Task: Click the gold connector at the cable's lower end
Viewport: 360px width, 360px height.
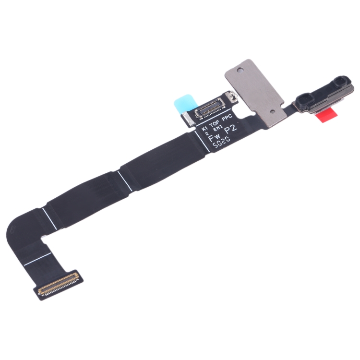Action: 58,284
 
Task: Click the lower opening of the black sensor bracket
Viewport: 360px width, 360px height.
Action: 304,99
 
